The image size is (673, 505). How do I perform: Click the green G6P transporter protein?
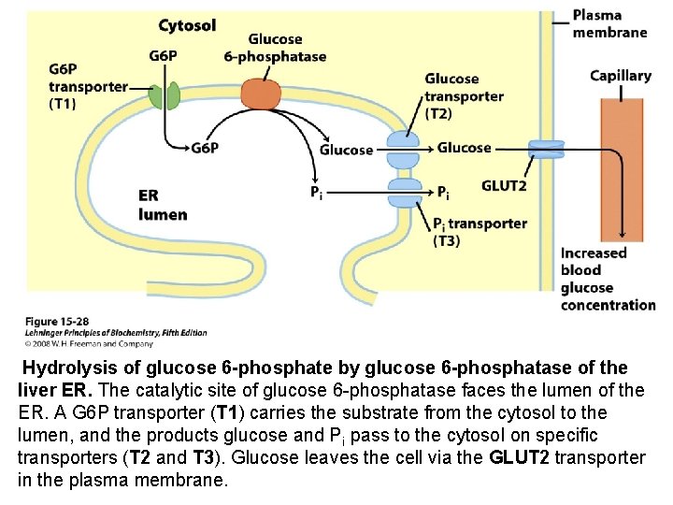pyautogui.click(x=165, y=95)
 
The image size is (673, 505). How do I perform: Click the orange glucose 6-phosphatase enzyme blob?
pyautogui.click(x=262, y=94)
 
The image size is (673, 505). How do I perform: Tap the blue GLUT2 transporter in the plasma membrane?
pyautogui.click(x=546, y=149)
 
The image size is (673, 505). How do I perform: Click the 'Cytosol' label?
pyautogui.click(x=187, y=25)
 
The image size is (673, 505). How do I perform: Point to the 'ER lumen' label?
pyautogui.click(x=163, y=205)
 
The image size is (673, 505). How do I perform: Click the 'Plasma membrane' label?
pyautogui.click(x=609, y=23)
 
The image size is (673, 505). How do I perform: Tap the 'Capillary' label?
pyautogui.click(x=621, y=76)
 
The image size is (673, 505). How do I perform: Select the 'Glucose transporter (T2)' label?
pyautogui.click(x=464, y=96)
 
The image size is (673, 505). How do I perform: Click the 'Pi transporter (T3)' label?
pyautogui.click(x=480, y=231)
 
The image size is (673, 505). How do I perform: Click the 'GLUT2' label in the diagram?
pyautogui.click(x=504, y=186)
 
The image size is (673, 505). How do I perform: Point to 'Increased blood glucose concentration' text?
pyautogui.click(x=608, y=279)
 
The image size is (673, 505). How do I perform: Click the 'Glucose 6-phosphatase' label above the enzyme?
pyautogui.click(x=275, y=48)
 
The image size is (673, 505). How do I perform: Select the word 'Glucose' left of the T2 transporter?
pyautogui.click(x=346, y=150)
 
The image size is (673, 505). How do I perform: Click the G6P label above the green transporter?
pyautogui.click(x=163, y=55)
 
